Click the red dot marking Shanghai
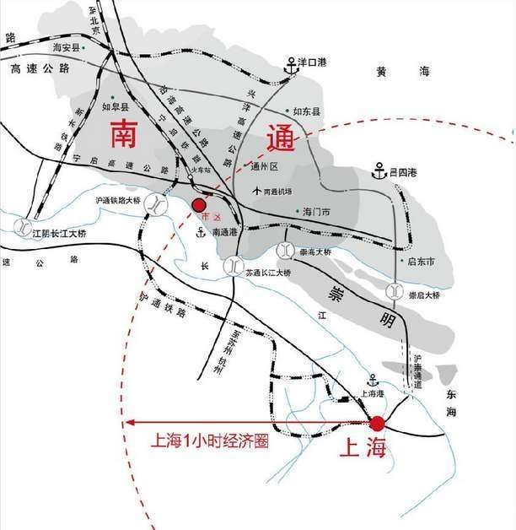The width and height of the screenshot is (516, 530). coord(377,423)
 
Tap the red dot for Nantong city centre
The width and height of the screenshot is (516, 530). coord(199,205)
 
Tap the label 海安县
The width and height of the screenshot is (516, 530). coord(65,48)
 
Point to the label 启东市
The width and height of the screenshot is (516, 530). coord(421,262)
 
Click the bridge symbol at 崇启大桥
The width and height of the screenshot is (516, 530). coord(394,291)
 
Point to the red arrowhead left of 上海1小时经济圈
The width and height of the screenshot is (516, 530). coord(129,423)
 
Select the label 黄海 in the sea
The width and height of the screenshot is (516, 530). coord(392,73)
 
